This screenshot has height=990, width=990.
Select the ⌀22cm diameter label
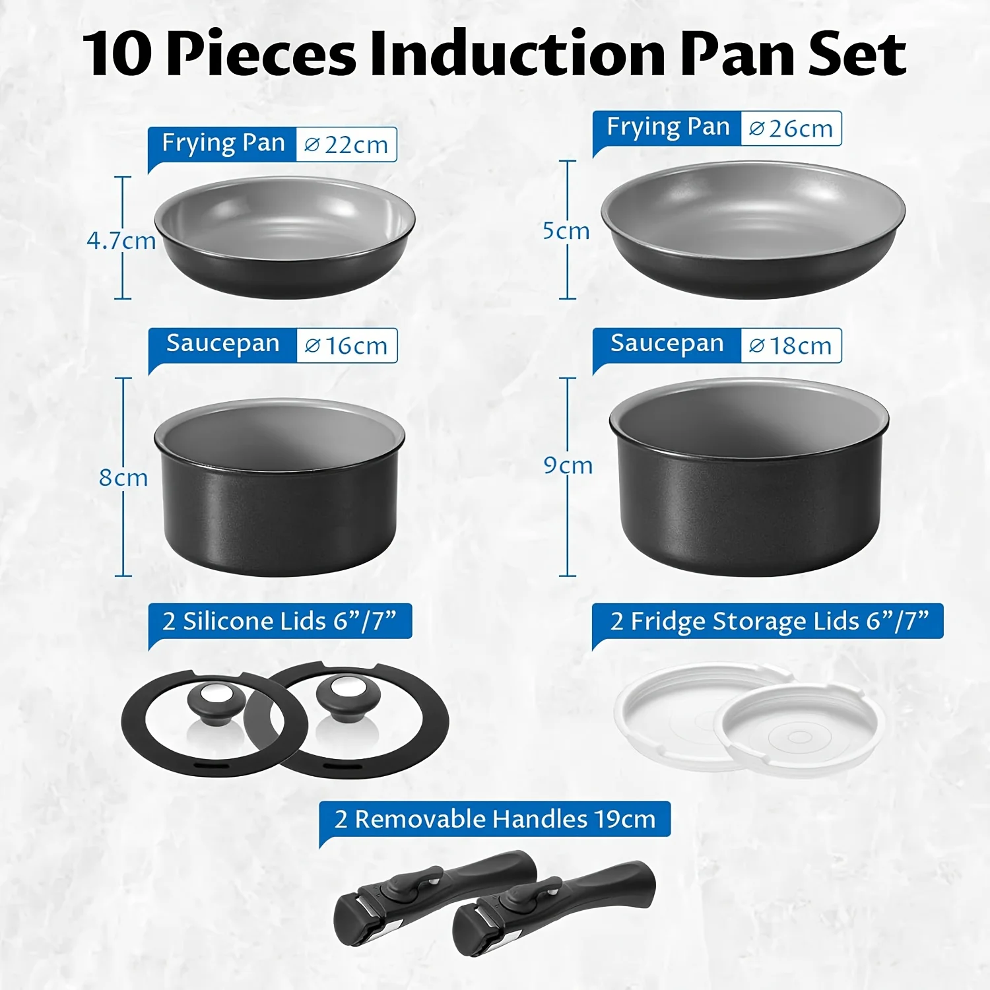tap(346, 145)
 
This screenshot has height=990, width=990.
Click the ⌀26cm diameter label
tap(791, 128)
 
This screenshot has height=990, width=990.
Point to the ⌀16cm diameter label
tap(346, 345)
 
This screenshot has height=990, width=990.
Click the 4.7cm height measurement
tap(121, 241)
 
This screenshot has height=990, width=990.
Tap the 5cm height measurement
tap(566, 231)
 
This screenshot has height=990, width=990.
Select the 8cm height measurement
tap(123, 478)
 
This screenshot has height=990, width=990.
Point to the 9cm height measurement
tap(568, 465)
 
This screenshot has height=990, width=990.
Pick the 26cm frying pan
tap(753, 230)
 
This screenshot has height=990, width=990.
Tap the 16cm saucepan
tap(279, 487)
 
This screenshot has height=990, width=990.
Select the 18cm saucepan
tap(749, 477)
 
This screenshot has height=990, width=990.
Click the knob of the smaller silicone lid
tap(216, 703)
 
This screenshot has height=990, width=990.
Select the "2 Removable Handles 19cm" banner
tap(494, 819)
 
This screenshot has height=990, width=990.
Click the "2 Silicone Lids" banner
tap(280, 621)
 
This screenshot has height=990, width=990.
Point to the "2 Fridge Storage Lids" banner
tap(768, 621)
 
